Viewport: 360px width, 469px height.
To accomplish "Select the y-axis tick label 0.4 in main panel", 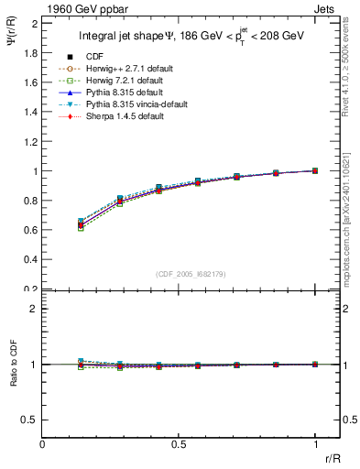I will pos(30,259).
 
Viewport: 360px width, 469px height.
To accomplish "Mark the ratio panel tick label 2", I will pos(34,309).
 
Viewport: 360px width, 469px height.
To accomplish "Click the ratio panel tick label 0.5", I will pos(30,420).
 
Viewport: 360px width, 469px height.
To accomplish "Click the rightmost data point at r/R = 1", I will pos(315,170).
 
